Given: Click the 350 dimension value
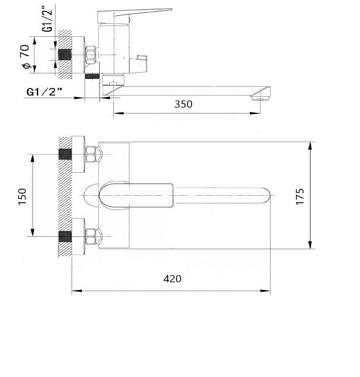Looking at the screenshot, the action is click(x=183, y=104).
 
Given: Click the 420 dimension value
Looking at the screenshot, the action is click(x=172, y=279).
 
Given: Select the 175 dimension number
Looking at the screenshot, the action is click(x=300, y=197).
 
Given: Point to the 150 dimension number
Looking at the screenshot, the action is click(x=22, y=197).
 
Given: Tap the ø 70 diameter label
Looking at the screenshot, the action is click(x=26, y=56).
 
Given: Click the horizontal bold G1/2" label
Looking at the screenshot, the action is click(x=44, y=92).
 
